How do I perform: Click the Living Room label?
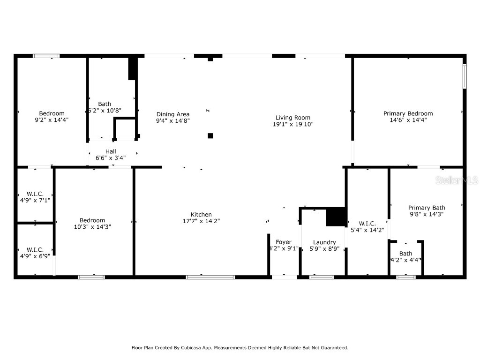[x=292, y=118]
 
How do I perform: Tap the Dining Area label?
[x=173, y=114]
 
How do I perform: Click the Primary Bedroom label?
[x=408, y=113]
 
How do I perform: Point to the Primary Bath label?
[x=427, y=208]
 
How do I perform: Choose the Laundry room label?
[x=324, y=242]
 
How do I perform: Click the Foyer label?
[x=284, y=242]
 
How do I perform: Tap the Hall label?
[x=111, y=151]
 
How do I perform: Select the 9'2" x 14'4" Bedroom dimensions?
[x=52, y=120]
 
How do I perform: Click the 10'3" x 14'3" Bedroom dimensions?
[x=92, y=227]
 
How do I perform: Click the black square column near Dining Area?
[x=210, y=136]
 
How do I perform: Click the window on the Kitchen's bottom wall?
[x=210, y=277]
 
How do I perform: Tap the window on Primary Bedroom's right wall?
[x=465, y=76]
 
